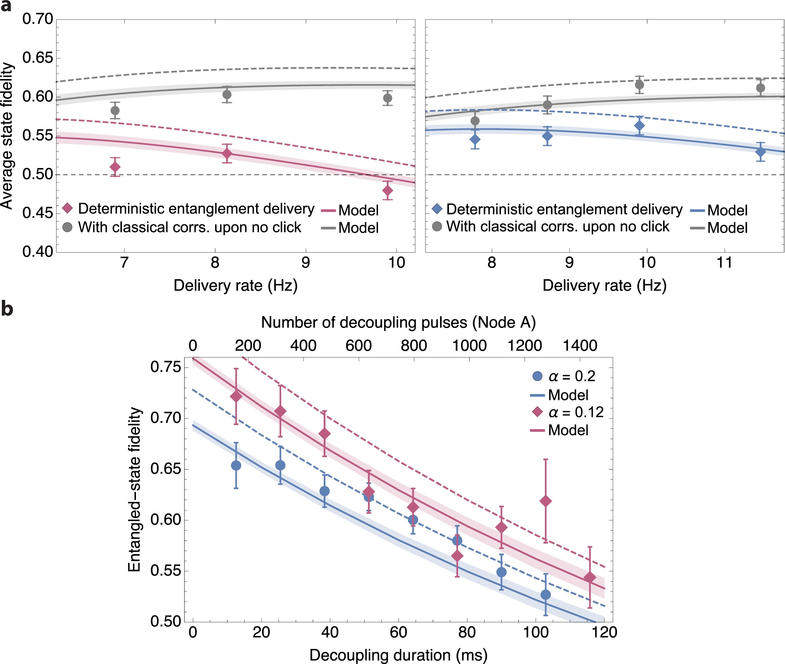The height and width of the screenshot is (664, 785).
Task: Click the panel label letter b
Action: click(7, 309)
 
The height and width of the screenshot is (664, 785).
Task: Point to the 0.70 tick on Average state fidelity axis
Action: click(38, 19)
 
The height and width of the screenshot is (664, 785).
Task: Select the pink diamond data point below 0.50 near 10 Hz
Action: click(388, 191)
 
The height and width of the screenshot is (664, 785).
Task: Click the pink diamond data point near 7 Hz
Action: click(115, 167)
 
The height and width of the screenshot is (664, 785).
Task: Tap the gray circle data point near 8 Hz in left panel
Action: click(227, 95)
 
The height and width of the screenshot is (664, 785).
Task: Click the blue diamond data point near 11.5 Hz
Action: click(761, 152)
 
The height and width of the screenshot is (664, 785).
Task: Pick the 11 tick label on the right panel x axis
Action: click(724, 262)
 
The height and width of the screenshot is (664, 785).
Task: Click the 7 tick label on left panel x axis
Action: click(124, 262)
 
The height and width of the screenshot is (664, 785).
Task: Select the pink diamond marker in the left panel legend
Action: click(67, 208)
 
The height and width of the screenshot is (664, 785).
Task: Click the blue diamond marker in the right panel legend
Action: click(437, 209)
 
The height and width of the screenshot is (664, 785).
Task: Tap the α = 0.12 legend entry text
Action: click(576, 412)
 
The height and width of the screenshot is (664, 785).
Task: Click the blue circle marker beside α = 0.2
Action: click(537, 376)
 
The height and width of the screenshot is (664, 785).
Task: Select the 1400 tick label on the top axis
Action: click(580, 346)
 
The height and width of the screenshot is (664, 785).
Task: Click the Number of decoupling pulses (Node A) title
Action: click(398, 323)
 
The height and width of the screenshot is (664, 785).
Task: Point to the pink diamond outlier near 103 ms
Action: click(546, 501)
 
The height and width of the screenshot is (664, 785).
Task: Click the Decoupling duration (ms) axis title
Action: click(398, 655)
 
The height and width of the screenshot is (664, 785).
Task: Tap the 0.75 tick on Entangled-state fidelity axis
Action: click(165, 367)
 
